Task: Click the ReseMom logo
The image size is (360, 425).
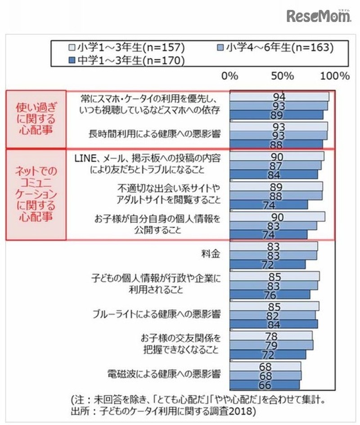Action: pos(319,16)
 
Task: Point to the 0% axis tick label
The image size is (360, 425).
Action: pos(230,75)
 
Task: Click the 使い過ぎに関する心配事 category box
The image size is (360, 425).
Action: pos(35,119)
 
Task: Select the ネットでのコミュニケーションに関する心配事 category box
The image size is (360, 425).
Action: pos(35,194)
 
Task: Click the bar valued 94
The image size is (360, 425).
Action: pos(279,97)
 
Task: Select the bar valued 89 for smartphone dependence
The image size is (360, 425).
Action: pos(276,115)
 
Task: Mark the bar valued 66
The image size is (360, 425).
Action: pos(265,385)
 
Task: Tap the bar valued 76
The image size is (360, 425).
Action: pos(270,294)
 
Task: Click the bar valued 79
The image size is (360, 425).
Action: pos(271,345)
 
